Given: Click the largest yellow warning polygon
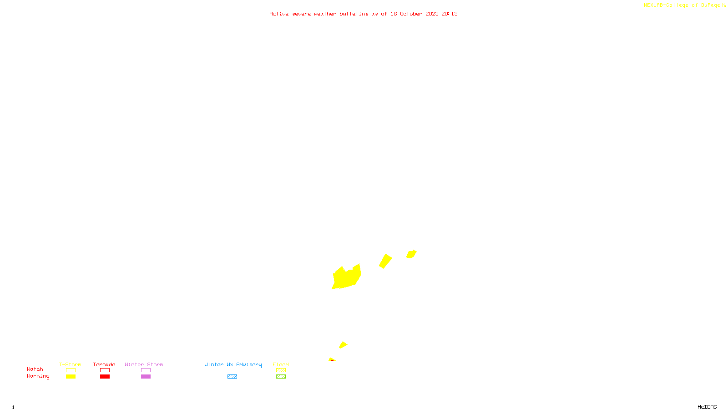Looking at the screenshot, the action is pyautogui.click(x=347, y=277).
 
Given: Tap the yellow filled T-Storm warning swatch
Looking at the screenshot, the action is pyautogui.click(x=71, y=377).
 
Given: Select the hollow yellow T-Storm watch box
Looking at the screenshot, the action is pyautogui.click(x=71, y=370).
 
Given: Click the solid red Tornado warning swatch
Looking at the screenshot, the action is pyautogui.click(x=105, y=377).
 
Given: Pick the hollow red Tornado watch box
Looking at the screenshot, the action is pyautogui.click(x=105, y=370).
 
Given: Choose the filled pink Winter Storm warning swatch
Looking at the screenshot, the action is pyautogui.click(x=146, y=377).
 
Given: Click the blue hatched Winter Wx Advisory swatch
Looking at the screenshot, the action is pyautogui.click(x=232, y=377).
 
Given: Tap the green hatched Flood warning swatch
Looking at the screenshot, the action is pyautogui.click(x=281, y=377).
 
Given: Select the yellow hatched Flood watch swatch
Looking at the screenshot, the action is pyautogui.click(x=281, y=370).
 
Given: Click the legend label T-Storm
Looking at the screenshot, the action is pyautogui.click(x=70, y=364).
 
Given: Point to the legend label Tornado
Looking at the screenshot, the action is pyautogui.click(x=104, y=364).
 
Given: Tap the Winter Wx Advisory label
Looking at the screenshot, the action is pyautogui.click(x=233, y=364).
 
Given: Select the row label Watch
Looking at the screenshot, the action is pyautogui.click(x=35, y=369).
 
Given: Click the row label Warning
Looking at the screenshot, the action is pyautogui.click(x=38, y=376).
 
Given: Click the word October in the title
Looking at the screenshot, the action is pyautogui.click(x=411, y=14).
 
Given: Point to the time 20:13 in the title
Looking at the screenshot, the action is pyautogui.click(x=449, y=14).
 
